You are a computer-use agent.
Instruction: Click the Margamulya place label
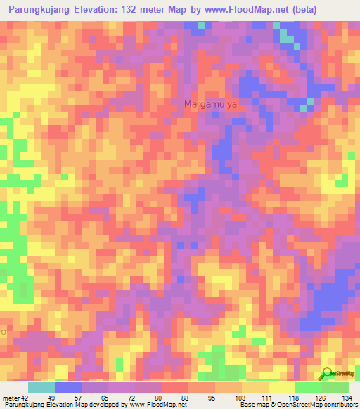[211, 104]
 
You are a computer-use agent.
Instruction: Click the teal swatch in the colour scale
[41, 387]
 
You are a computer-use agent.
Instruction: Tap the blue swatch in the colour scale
[68, 387]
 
